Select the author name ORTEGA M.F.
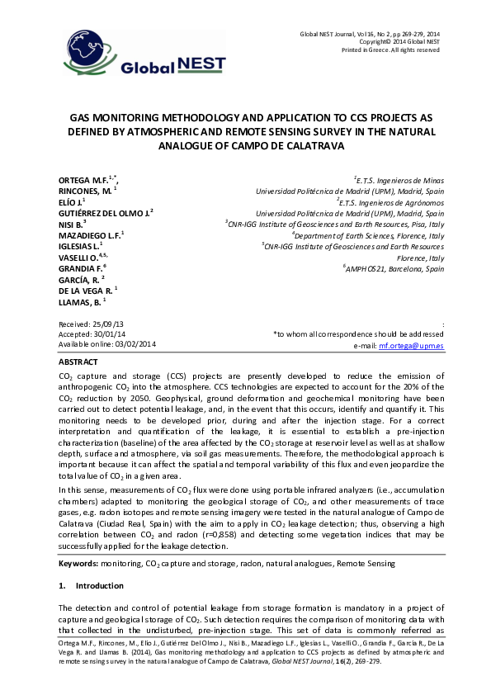(86, 179)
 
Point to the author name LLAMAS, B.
(82, 301)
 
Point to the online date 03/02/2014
(132, 344)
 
